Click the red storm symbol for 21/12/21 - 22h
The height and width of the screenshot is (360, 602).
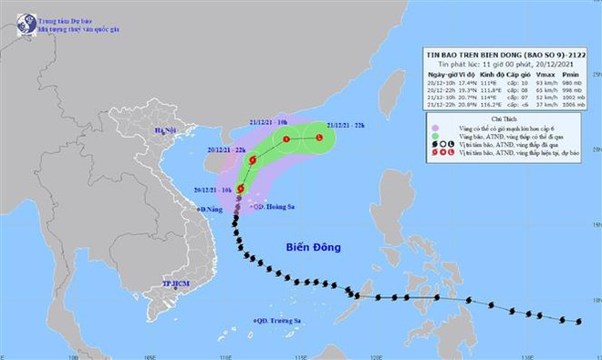[319, 138]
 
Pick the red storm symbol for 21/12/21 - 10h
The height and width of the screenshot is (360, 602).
[286, 139]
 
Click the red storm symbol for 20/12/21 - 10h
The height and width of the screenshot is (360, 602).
[241, 189]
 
